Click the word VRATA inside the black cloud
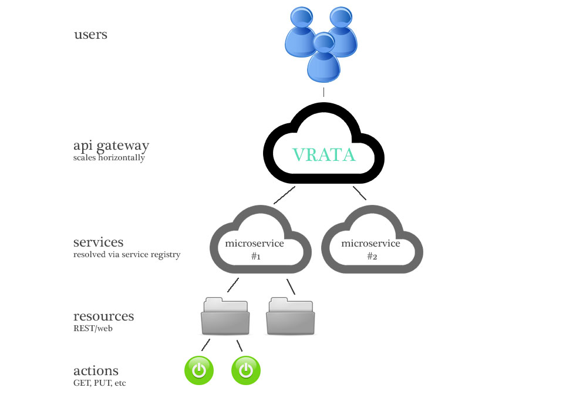point(324,154)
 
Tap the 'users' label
point(90,34)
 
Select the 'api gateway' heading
point(111,146)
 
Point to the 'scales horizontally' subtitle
point(109,158)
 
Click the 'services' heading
point(98,242)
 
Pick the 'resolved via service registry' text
point(126,255)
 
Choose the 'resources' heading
point(103,316)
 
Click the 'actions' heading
point(96,371)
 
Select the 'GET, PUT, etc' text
point(99,383)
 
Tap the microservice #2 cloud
point(371,247)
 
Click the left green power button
point(199,370)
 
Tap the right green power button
point(246,370)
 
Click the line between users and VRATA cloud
point(323,92)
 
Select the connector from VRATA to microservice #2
point(359,193)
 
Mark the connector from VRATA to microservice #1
point(284,195)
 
